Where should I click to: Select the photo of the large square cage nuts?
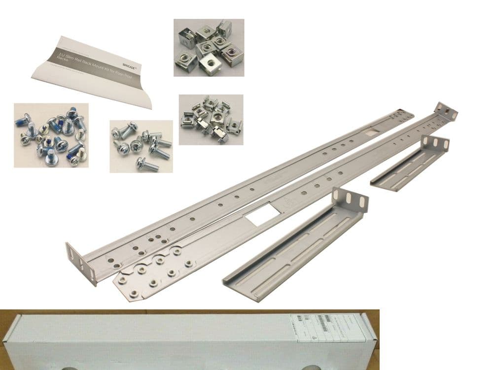[x=209, y=47]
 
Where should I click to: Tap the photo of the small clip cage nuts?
[x=211, y=119]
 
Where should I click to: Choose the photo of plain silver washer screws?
[x=141, y=146]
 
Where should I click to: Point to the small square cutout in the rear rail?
[x=371, y=131]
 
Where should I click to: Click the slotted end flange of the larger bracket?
[x=351, y=200]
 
